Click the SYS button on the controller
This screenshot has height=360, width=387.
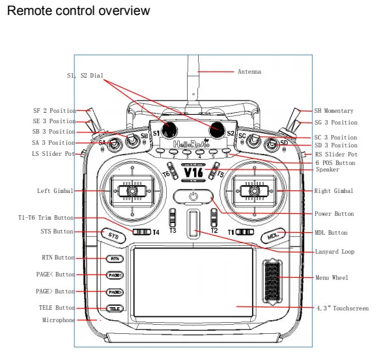(113, 235)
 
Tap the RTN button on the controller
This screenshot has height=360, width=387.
(115, 258)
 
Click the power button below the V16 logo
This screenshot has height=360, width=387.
(193, 196)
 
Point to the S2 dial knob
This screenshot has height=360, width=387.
(217, 128)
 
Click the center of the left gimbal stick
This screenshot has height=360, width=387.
(132, 190)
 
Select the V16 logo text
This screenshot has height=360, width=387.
(193, 173)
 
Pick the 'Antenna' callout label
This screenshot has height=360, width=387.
(248, 71)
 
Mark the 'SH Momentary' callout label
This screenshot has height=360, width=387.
(334, 111)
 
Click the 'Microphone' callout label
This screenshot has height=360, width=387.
(59, 320)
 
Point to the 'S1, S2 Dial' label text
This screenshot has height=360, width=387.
(85, 76)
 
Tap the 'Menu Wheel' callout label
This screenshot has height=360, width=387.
(332, 278)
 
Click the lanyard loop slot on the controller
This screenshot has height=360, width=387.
(193, 223)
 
